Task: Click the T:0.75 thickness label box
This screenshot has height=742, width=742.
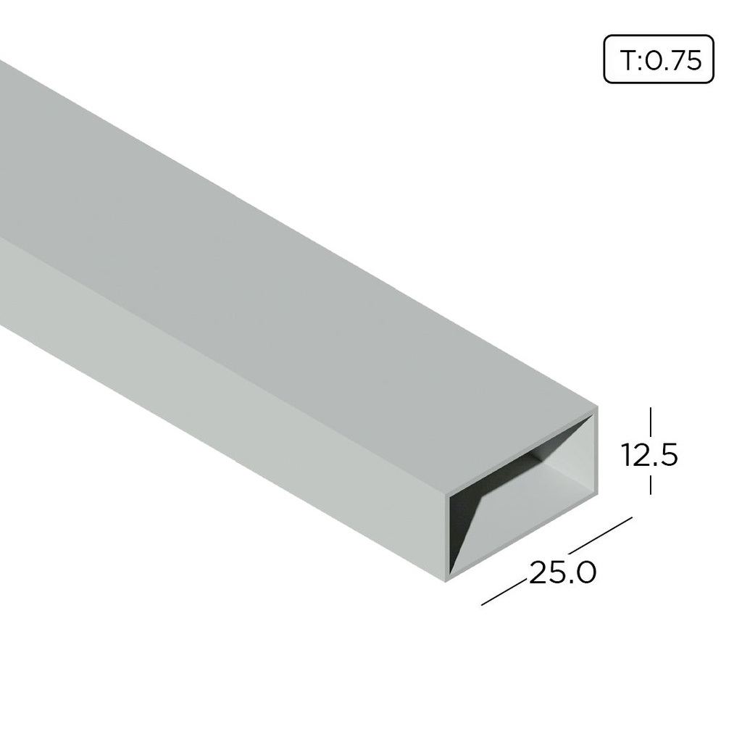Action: (x=659, y=61)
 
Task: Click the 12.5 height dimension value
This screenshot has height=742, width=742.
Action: (x=649, y=455)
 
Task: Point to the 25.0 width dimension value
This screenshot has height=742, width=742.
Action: (x=563, y=573)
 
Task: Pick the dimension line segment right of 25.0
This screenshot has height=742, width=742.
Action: (x=601, y=535)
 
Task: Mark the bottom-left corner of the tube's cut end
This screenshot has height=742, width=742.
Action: (x=444, y=578)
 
